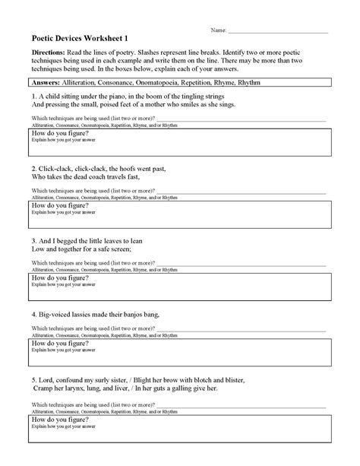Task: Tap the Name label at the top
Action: point(218,30)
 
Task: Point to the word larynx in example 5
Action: point(84,387)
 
